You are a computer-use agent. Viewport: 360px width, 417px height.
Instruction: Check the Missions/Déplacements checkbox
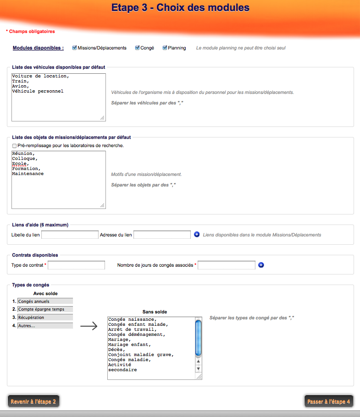(75, 48)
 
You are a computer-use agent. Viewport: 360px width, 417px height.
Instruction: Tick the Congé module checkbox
(137, 48)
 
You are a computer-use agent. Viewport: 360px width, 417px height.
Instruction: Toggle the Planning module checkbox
(165, 48)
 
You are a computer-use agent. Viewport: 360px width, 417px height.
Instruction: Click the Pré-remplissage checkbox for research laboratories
(14, 146)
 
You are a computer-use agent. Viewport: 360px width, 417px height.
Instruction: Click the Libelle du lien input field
(70, 235)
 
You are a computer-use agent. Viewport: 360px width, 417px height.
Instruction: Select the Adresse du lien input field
(162, 235)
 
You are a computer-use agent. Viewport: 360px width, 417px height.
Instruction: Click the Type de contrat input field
(77, 265)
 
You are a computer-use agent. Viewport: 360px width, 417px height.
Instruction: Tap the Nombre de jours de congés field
(227, 265)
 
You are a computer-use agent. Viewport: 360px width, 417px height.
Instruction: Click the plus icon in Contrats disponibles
(261, 265)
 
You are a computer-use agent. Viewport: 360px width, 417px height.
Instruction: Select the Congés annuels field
(45, 302)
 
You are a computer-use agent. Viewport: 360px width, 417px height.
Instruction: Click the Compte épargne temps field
(45, 309)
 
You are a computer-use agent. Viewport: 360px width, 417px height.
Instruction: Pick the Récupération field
(45, 318)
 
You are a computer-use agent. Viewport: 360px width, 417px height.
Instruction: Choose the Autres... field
(45, 326)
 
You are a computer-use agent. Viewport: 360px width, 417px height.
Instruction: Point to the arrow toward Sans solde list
(89, 326)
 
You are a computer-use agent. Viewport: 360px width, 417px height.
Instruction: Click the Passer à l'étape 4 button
(329, 401)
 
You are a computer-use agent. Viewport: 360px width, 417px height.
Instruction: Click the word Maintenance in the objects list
(28, 174)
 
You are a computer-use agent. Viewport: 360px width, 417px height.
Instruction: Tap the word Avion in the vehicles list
(20, 86)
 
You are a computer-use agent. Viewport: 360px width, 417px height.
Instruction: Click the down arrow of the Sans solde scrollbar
(199, 368)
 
